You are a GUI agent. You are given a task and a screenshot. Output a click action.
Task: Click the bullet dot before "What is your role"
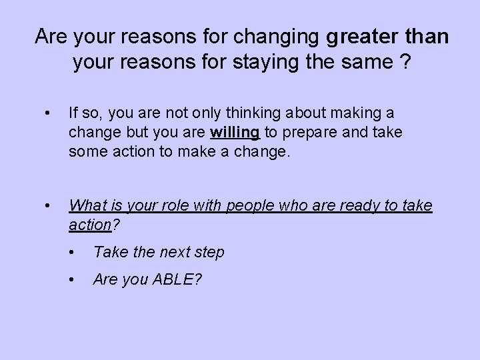coord(44,207)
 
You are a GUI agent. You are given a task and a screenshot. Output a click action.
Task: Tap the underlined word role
coord(191,207)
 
